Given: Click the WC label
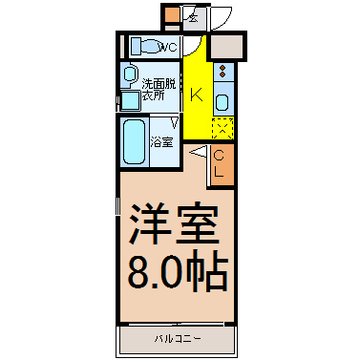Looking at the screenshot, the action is click(x=168, y=48).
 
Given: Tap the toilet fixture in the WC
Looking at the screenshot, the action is click(x=145, y=47).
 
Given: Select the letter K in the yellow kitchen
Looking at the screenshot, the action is click(x=197, y=95).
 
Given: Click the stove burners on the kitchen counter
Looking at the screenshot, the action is click(x=222, y=72).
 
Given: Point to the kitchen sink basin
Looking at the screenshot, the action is click(x=222, y=102).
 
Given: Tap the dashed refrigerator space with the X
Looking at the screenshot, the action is click(x=222, y=128).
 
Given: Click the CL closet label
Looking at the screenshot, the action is click(x=219, y=164).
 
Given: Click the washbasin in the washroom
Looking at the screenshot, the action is click(x=129, y=74).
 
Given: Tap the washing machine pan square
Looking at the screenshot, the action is click(x=131, y=101).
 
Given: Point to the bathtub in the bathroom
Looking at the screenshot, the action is click(x=134, y=141).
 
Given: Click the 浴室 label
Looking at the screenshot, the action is click(x=161, y=142).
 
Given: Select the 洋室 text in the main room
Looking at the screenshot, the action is click(x=174, y=222).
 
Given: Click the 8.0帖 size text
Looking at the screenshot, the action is click(x=178, y=271).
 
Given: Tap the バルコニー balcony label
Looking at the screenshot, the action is click(x=178, y=339).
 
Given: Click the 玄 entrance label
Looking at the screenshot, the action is click(x=193, y=18).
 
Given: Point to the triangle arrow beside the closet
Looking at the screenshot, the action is click(x=200, y=152).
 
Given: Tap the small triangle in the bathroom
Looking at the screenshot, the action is click(x=175, y=122).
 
